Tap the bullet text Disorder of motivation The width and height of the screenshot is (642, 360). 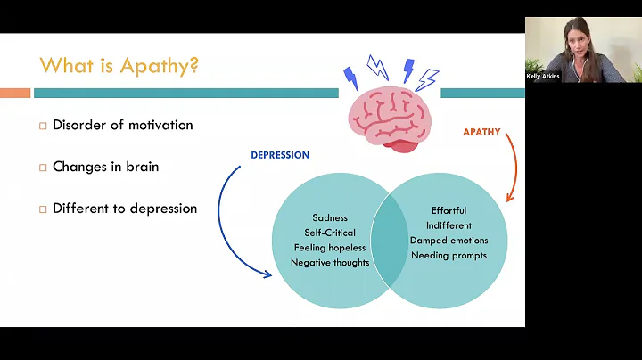pos(122,125)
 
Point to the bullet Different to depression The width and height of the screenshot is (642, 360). pos(124,209)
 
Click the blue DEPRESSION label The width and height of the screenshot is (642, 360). pos(280,155)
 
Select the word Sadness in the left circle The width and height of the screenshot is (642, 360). pos(330,217)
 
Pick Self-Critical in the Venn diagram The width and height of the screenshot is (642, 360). pos(330,233)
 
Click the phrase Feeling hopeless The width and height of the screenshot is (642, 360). pos(330,248)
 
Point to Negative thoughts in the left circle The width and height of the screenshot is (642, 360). pos(330,263)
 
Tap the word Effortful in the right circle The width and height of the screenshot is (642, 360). pos(449,211)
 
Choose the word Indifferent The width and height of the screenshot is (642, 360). pos(449,226)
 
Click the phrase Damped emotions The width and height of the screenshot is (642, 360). pos(449,241)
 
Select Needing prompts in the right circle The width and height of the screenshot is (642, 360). pos(449,257)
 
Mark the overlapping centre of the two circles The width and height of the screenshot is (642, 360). pos(390,241)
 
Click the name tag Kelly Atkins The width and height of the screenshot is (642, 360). pos(543,77)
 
